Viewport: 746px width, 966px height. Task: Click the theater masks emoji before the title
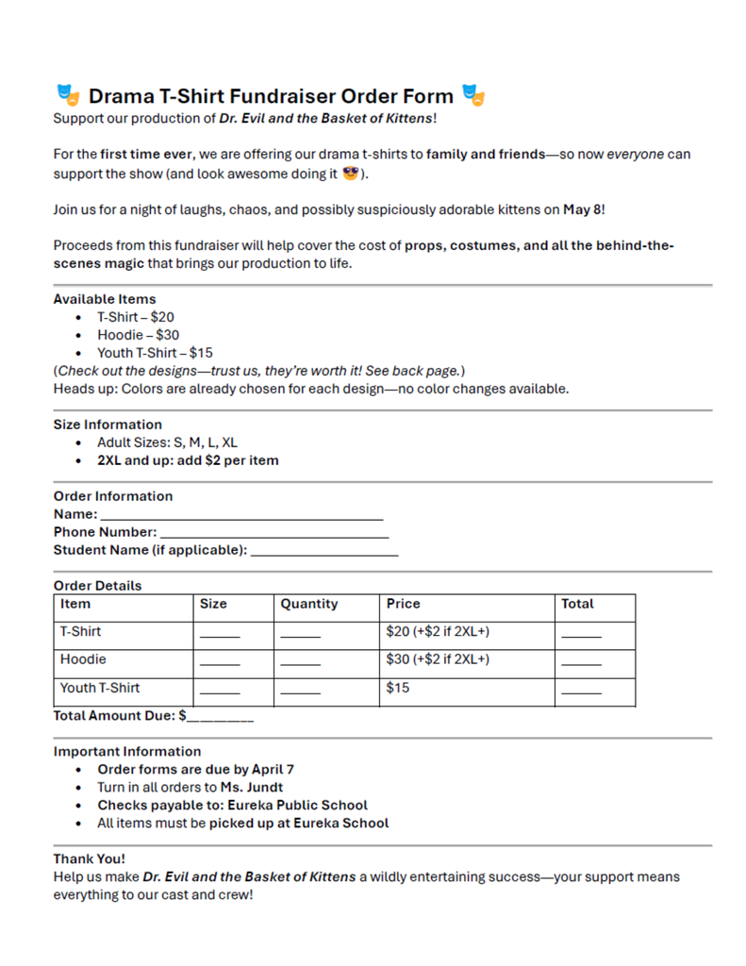[x=67, y=95]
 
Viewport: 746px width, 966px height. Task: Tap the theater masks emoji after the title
[x=473, y=95]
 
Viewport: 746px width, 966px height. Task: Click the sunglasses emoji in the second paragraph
[x=352, y=174]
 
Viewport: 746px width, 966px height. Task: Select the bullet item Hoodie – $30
[x=138, y=335]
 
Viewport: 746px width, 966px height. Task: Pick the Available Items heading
[x=105, y=299]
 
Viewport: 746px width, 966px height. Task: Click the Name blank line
[x=241, y=516]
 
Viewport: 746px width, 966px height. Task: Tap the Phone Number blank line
[x=274, y=534]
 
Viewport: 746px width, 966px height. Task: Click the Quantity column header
[x=309, y=604]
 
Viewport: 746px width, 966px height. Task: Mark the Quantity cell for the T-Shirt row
[x=301, y=634]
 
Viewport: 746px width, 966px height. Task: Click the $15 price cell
[x=397, y=689]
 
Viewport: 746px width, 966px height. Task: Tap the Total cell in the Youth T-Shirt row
[x=581, y=691]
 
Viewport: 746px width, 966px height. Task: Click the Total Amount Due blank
[x=221, y=718]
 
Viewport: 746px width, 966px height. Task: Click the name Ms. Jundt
[x=252, y=787]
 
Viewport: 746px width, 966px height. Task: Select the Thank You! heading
[x=89, y=858]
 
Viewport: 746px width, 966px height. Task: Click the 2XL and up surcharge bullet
[x=188, y=460]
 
